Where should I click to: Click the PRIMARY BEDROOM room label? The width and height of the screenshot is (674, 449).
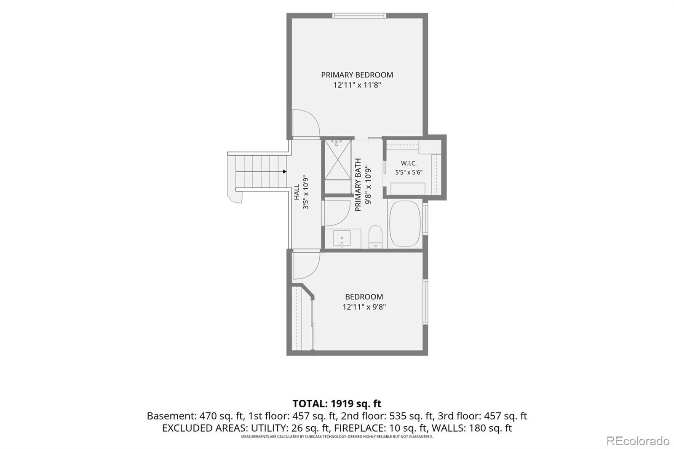point(357,75)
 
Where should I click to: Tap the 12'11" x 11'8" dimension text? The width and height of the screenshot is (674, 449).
point(357,85)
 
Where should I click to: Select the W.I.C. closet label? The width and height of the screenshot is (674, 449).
point(409,163)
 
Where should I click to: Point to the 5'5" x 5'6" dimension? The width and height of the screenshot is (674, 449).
point(409,172)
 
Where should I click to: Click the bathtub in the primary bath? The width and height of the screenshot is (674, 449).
point(405,224)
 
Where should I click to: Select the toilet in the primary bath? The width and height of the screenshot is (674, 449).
point(375,237)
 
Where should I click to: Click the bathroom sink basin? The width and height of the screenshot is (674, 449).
point(342,238)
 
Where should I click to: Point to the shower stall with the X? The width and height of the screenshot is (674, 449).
point(338,160)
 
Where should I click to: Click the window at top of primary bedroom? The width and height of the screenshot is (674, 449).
point(359,16)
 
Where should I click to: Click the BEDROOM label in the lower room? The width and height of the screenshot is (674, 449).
point(364,297)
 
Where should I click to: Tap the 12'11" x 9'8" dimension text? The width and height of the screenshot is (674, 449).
point(364,307)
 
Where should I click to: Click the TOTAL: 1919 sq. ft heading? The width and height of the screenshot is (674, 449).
point(337,403)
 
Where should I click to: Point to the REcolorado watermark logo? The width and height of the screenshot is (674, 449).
point(638,441)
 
